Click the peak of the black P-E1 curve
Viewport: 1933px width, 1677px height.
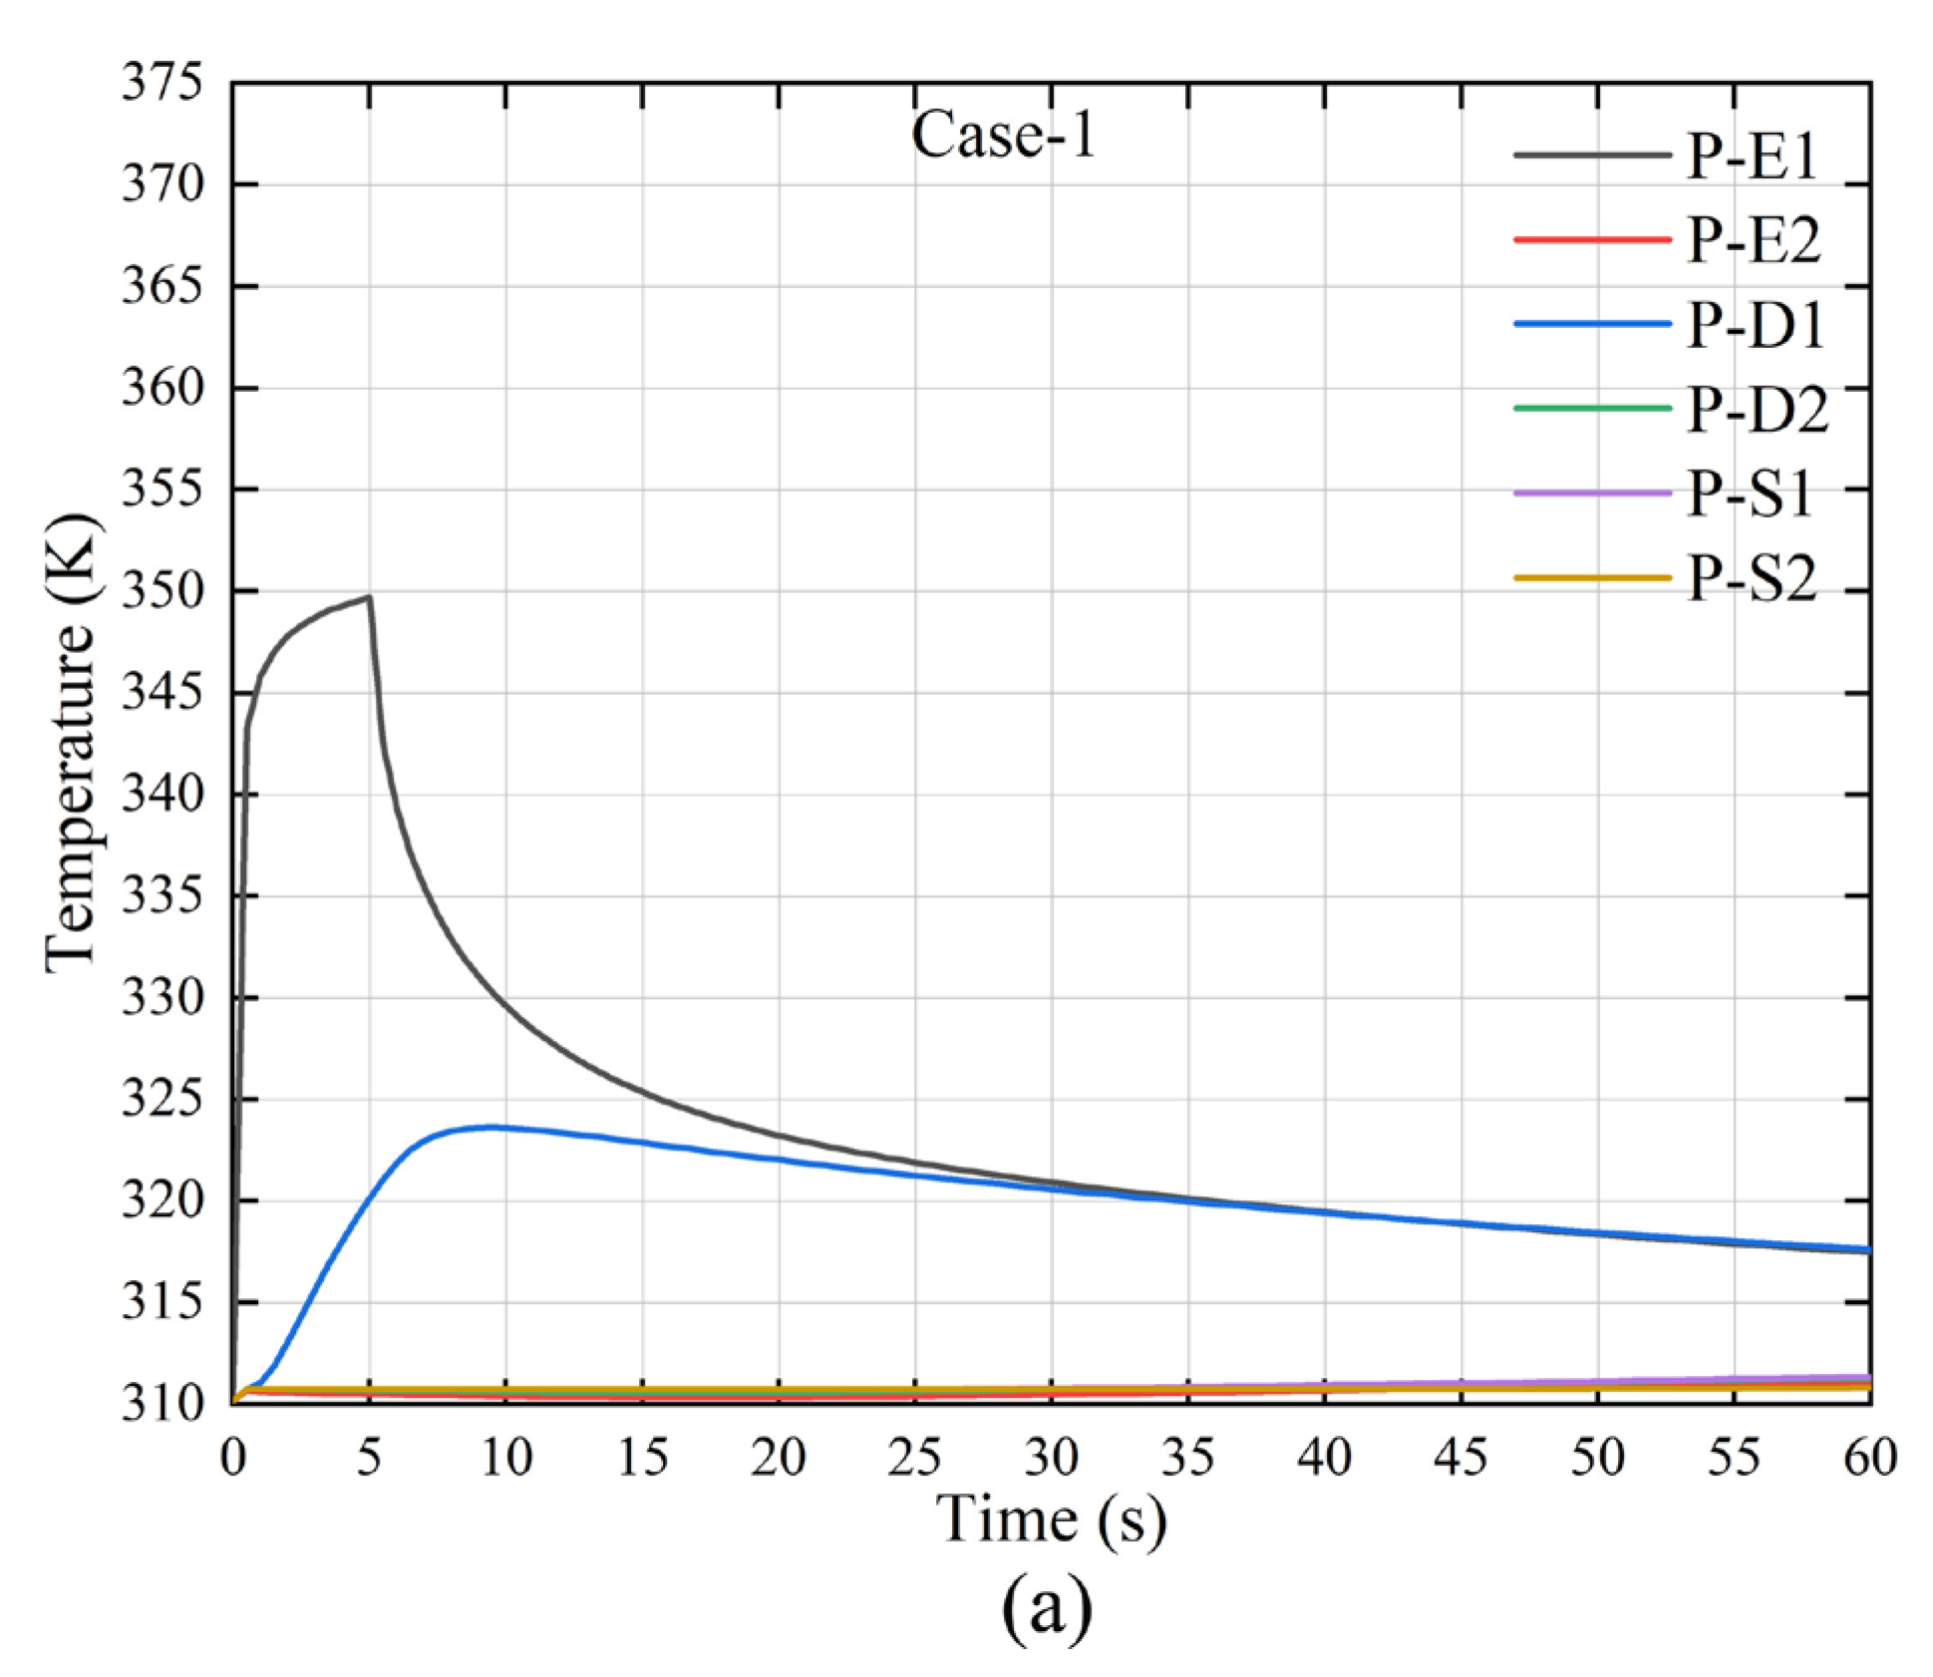point(369,597)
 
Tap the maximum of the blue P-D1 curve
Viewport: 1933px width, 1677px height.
point(491,1127)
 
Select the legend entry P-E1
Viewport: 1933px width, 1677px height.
point(1752,157)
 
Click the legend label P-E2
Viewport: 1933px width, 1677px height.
point(1753,240)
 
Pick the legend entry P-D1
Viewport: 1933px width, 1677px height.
point(1755,325)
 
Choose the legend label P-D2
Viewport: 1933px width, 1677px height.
point(1757,409)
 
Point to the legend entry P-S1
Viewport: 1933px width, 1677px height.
point(1750,494)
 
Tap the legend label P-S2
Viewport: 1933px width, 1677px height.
point(1752,577)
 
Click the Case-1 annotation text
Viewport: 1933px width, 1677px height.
point(1003,135)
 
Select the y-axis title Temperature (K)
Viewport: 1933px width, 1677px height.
point(72,743)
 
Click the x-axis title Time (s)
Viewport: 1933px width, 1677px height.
point(1051,1519)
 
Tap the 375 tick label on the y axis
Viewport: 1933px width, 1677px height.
point(161,82)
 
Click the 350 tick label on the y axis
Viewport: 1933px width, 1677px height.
point(161,591)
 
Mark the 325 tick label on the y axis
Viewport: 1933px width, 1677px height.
point(161,1100)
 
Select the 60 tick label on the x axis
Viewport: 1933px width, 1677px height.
point(1869,1458)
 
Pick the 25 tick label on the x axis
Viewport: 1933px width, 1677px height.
point(914,1458)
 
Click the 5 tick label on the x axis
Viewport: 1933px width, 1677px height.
point(369,1458)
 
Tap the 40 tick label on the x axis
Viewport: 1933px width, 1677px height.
point(1324,1458)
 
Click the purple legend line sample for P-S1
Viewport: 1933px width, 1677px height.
point(1591,494)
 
